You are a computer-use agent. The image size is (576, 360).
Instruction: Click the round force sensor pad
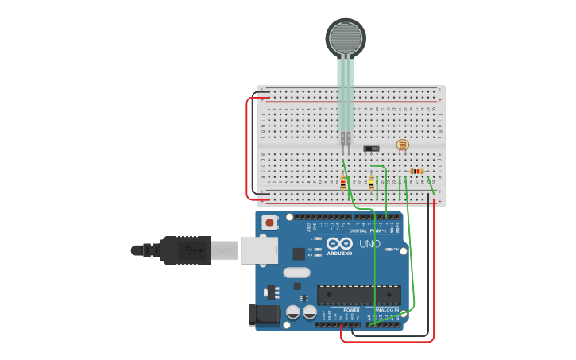[x=346, y=37]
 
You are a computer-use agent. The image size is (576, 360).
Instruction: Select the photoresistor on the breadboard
[x=402, y=145]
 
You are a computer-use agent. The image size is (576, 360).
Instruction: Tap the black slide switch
[x=371, y=148]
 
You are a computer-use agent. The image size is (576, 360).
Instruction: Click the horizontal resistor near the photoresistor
[x=416, y=171]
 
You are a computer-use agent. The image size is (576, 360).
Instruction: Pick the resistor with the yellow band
[x=371, y=183]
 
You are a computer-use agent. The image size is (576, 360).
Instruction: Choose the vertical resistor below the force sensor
[x=343, y=183]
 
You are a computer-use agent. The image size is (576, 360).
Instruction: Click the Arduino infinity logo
[x=339, y=244]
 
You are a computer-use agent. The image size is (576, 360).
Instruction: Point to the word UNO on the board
[x=369, y=244]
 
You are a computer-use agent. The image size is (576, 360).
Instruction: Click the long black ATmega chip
[x=358, y=294]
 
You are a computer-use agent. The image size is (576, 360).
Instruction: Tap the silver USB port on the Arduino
[x=259, y=250]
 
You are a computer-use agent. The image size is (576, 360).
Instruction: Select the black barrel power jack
[x=265, y=315]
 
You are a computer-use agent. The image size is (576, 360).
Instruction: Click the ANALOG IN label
[x=387, y=310]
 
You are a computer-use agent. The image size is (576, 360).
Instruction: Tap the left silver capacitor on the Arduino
[x=293, y=312]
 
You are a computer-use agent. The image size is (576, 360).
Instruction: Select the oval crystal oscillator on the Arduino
[x=296, y=273]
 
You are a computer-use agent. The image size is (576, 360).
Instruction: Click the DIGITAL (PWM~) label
[x=366, y=230]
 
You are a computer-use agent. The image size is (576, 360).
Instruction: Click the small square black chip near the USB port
[x=299, y=254]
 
